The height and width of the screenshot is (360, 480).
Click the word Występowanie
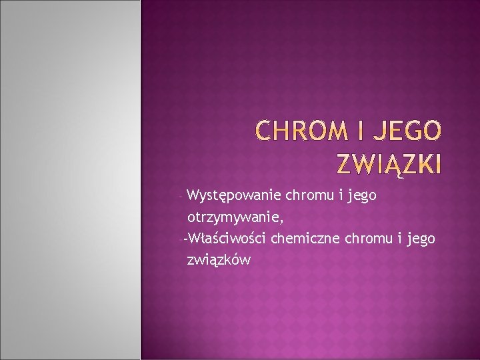[234, 196]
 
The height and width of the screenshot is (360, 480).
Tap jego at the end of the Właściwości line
[421, 239]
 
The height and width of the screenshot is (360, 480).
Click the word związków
[219, 260]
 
